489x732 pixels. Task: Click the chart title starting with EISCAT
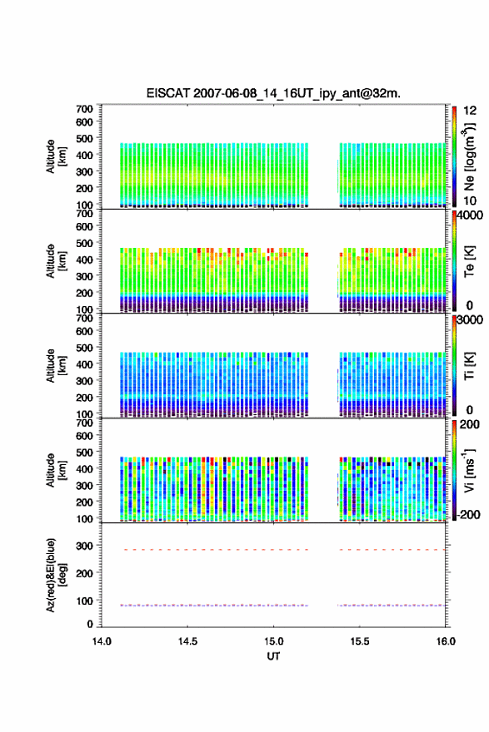coord(273,93)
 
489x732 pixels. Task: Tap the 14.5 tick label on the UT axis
coord(187,641)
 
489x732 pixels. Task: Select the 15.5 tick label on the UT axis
coord(360,641)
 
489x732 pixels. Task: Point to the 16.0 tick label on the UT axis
coord(446,641)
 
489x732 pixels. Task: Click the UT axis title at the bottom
coord(273,656)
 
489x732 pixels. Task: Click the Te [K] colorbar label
coord(469,261)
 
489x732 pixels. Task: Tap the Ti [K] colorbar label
coord(469,365)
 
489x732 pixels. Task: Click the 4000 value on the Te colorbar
coord(471,215)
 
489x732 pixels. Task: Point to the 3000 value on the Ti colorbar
coord(471,320)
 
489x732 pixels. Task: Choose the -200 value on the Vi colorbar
coord(467,514)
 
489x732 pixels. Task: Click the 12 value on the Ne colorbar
coord(470,111)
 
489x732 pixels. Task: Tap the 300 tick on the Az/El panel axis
coord(85,546)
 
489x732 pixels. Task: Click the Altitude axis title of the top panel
coord(56,156)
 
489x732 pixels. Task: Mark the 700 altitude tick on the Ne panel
coord(85,109)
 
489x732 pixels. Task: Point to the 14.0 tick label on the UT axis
coord(102,641)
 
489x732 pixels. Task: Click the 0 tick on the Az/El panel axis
coord(90,624)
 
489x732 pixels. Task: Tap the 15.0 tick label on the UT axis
coord(273,641)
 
